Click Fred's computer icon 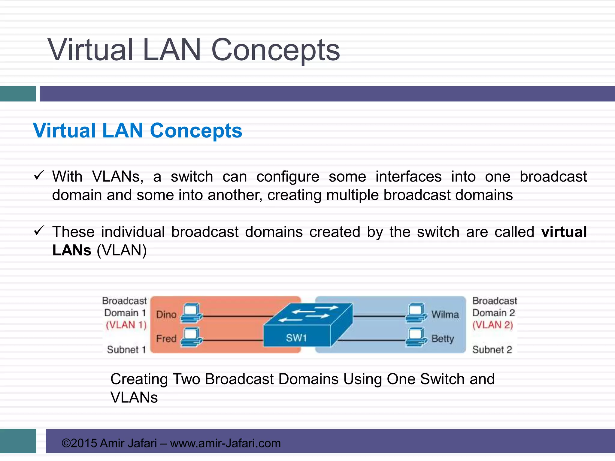click(x=192, y=337)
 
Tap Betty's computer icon click(x=416, y=337)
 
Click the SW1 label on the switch click(x=296, y=338)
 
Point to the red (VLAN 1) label click(x=126, y=325)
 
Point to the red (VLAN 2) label click(x=492, y=325)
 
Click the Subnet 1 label click(x=126, y=350)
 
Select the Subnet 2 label click(x=492, y=350)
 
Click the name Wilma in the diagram click(x=445, y=315)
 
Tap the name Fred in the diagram click(x=166, y=339)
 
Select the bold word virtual click(x=564, y=232)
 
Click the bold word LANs click(x=72, y=250)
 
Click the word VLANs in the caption click(x=134, y=397)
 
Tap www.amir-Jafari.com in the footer click(x=225, y=443)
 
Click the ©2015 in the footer click(x=79, y=443)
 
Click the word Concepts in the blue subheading click(x=196, y=131)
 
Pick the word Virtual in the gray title click(x=90, y=50)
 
